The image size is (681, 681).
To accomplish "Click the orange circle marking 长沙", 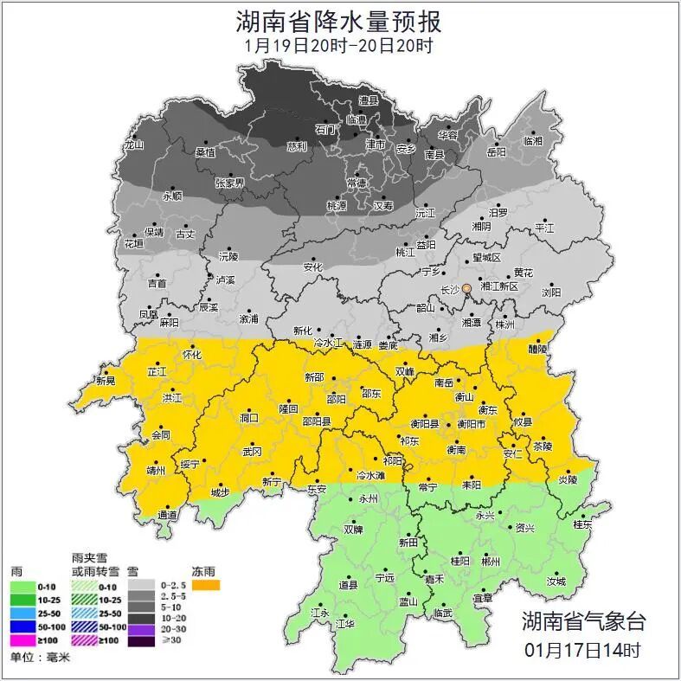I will coord(467,288).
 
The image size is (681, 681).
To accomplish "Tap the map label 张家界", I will coord(229,183).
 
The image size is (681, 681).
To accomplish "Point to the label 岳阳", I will coord(496,152).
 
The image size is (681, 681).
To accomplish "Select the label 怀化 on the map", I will coord(192,355).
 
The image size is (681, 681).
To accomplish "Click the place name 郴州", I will coord(491,562).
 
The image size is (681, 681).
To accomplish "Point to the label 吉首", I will coord(157,283).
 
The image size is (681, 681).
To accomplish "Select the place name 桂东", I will coord(582,524).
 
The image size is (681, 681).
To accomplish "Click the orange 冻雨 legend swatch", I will coord(206,585).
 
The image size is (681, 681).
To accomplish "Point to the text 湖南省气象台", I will coord(583,620).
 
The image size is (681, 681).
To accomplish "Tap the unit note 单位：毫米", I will coord(40,658).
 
